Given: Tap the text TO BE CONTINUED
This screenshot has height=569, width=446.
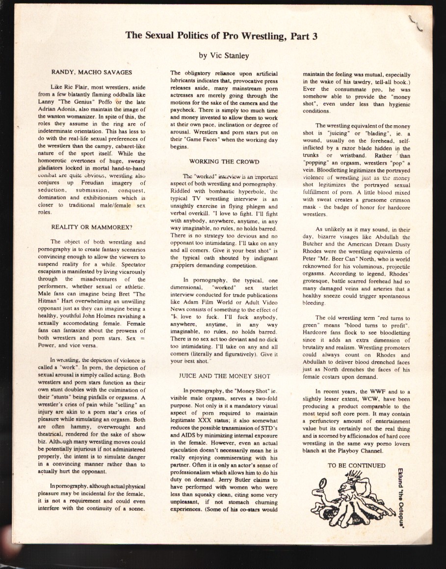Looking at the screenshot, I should click(356, 466).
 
